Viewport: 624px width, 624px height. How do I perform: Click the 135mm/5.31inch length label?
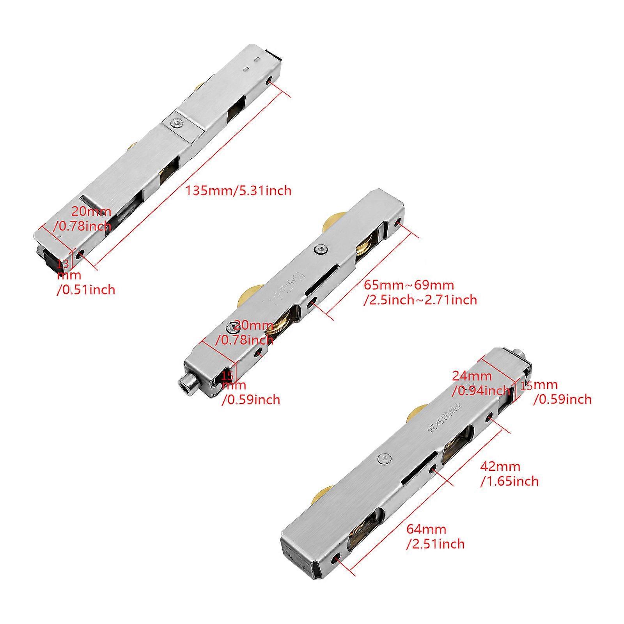click(x=238, y=191)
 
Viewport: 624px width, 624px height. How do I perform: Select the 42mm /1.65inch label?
click(x=509, y=473)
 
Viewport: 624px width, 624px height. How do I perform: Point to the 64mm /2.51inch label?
click(x=435, y=536)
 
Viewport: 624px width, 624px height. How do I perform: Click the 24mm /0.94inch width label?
click(x=480, y=383)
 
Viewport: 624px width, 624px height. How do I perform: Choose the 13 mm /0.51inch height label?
click(x=86, y=277)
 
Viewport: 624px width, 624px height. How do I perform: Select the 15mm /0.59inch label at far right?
click(x=556, y=392)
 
